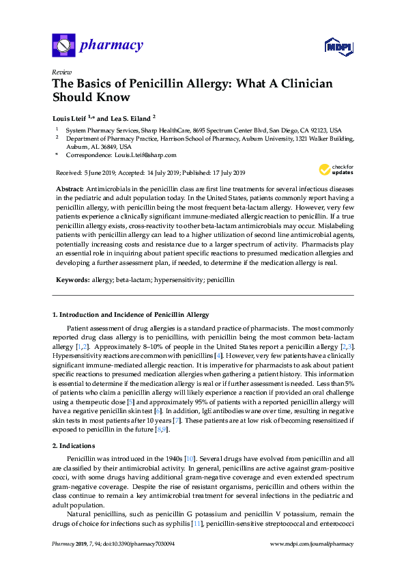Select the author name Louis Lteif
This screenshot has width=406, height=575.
tap(72, 117)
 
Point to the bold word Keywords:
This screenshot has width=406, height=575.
tap(72, 280)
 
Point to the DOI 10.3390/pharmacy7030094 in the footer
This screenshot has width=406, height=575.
tap(128, 544)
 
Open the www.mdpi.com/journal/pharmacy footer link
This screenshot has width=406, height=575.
tap(312, 544)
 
